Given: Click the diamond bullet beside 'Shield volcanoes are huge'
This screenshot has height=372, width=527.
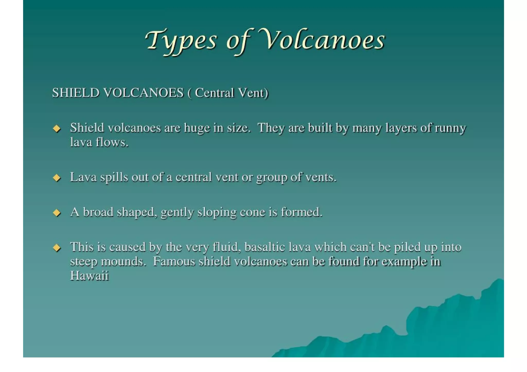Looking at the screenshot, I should click(x=57, y=128).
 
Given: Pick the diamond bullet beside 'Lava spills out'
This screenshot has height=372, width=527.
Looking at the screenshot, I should click(x=57, y=178).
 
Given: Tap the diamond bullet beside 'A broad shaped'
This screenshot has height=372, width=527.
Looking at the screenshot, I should click(x=57, y=213).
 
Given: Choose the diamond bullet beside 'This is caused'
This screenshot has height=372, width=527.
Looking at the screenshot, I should click(x=57, y=248).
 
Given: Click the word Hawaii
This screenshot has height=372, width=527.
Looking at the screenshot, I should click(x=89, y=276).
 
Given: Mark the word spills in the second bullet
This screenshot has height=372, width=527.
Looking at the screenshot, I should click(x=114, y=178).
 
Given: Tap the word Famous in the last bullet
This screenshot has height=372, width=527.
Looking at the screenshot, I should click(x=174, y=261).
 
